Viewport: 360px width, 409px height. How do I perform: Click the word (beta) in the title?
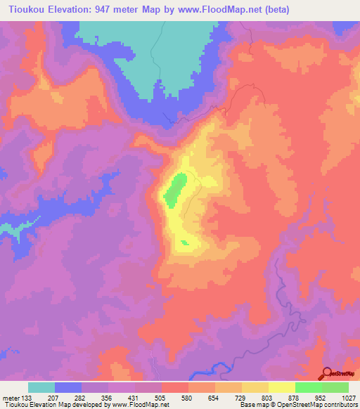coord(262,9)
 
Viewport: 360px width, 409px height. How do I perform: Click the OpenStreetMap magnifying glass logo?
coord(326,374)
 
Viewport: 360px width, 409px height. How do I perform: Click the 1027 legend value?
coord(349,397)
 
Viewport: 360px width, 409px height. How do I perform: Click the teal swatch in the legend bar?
coord(41,387)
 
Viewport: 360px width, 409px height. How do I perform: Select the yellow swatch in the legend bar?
coord(281,387)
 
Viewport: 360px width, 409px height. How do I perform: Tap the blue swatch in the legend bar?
coord(68,387)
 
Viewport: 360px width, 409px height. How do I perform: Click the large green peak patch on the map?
coord(174,190)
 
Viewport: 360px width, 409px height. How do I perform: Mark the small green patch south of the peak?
coord(185,243)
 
